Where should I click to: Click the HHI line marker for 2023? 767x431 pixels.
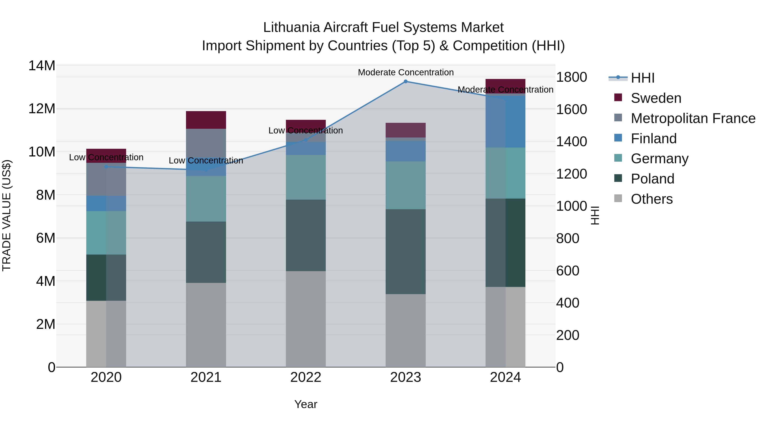click(405, 82)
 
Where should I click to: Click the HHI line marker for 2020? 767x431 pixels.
click(106, 167)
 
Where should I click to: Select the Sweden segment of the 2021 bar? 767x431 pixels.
click(206, 120)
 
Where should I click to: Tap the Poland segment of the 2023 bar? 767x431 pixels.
click(405, 252)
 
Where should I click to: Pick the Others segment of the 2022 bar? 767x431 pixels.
click(306, 319)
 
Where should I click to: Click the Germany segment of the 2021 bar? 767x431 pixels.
click(206, 199)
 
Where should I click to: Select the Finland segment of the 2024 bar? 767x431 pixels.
click(505, 121)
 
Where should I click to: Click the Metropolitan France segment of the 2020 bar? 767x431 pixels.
click(106, 179)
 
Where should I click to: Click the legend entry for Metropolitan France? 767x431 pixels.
click(693, 118)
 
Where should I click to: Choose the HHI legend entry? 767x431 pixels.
click(643, 78)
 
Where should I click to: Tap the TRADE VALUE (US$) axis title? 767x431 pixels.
click(7, 215)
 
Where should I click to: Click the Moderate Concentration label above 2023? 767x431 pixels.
click(405, 72)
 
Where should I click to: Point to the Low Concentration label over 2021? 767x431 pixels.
click(206, 161)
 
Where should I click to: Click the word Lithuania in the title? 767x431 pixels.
click(291, 27)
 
